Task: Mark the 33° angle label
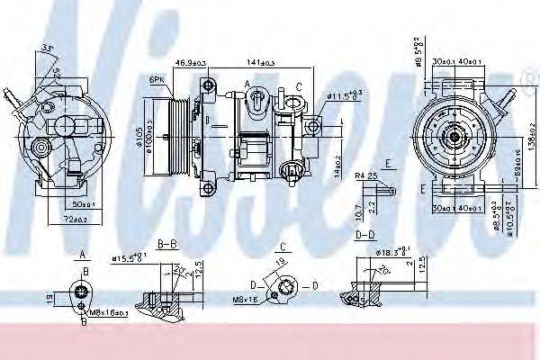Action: [x=46, y=47]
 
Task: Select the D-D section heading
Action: [x=364, y=235]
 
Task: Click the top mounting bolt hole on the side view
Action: [x=210, y=85]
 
